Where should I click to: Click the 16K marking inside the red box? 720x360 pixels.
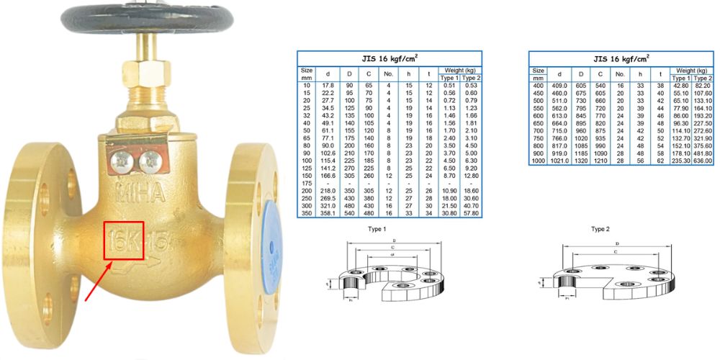(123, 241)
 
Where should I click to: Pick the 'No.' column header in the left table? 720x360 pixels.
(388, 73)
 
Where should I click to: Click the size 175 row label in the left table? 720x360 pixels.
(307, 184)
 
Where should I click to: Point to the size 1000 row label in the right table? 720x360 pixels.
(538, 162)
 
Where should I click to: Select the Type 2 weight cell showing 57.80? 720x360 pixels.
(470, 214)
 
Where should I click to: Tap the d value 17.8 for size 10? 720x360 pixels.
(328, 85)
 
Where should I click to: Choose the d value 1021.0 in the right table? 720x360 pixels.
(559, 162)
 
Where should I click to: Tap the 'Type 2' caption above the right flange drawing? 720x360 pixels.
(600, 229)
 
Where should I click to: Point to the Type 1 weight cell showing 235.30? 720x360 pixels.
(680, 162)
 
